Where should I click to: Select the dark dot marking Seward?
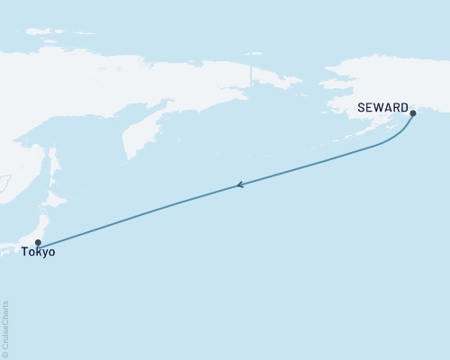(x=413, y=113)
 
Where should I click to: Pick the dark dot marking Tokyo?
(x=37, y=242)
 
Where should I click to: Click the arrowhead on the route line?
(x=239, y=185)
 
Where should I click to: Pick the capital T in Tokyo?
(x=28, y=253)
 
